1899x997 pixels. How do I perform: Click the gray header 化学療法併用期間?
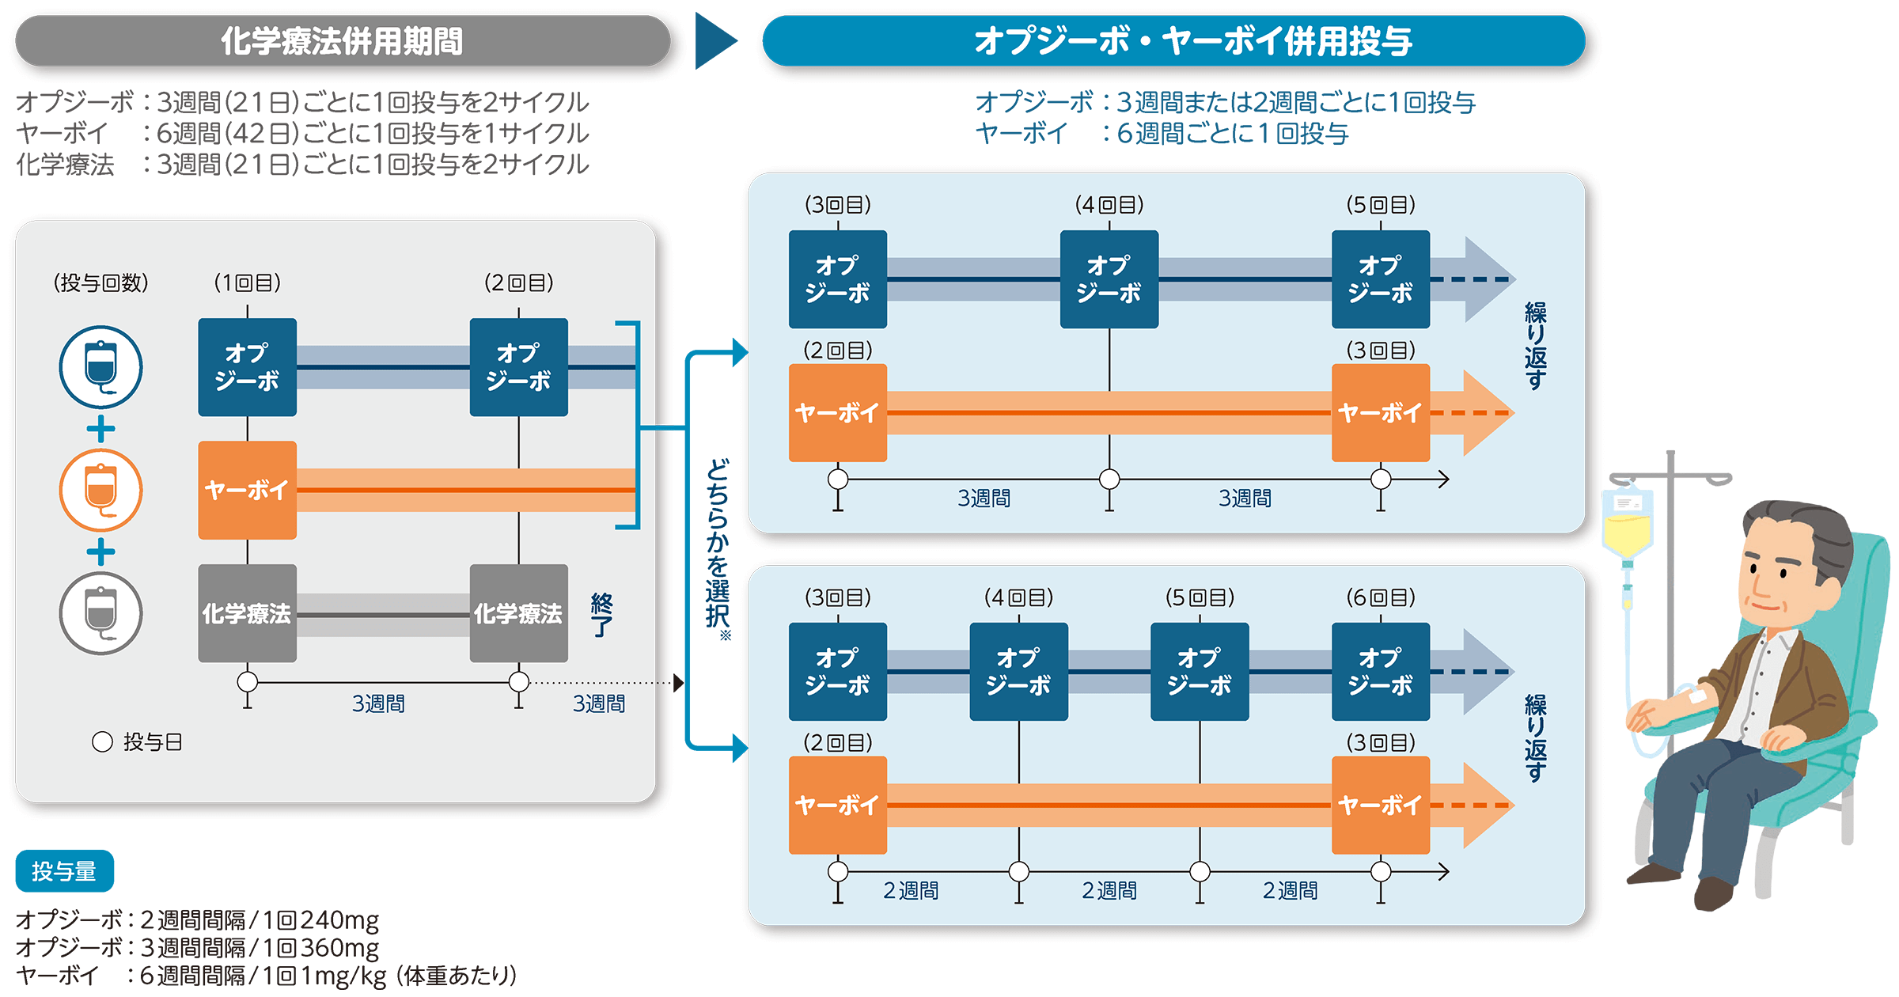(x=342, y=41)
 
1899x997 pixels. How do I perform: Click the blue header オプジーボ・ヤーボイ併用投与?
(x=1173, y=41)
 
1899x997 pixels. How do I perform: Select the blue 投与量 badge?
(x=64, y=871)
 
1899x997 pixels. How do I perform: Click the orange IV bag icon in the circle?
(x=100, y=491)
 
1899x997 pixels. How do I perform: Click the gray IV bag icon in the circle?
(x=100, y=613)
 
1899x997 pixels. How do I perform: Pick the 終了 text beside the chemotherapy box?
(x=601, y=615)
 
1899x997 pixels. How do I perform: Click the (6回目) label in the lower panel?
(x=1380, y=597)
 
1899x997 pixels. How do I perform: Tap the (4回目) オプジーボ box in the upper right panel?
(x=1109, y=279)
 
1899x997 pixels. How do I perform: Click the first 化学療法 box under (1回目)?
(x=247, y=613)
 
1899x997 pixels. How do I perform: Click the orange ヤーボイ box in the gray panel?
(x=247, y=491)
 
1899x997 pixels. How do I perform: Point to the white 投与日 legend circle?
(x=102, y=741)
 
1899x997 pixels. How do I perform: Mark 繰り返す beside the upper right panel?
(x=1535, y=346)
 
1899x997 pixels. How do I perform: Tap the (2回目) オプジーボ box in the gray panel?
(x=518, y=367)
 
